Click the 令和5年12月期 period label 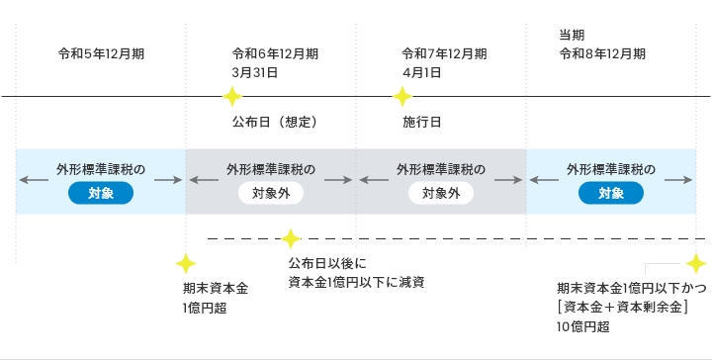click(102, 53)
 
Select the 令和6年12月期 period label click(274, 53)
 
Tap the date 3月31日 click(254, 72)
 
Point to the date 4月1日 click(421, 72)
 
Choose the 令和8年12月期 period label click(603, 53)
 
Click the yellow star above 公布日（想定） click(232, 97)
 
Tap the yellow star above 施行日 click(402, 97)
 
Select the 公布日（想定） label click(274, 123)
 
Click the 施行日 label click(421, 123)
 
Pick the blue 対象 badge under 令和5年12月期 click(101, 193)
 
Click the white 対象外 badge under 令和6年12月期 click(271, 193)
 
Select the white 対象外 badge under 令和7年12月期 click(441, 193)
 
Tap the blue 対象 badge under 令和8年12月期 click(610, 193)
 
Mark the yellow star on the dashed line click(291, 238)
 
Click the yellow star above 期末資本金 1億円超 click(185, 264)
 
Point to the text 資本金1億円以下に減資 click(356, 282)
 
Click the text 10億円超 click(583, 326)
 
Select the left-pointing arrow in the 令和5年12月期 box click(32, 180)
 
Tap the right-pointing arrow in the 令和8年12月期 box click(678, 180)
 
